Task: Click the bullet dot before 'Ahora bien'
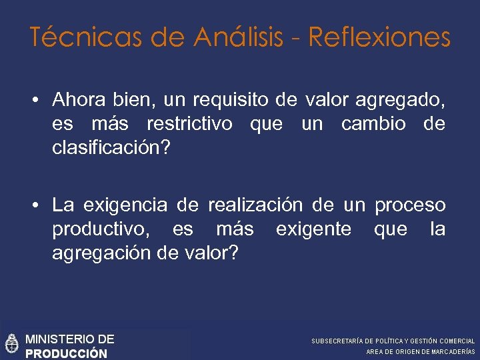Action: (34, 101)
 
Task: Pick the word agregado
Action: (400, 101)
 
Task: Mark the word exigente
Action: (313, 230)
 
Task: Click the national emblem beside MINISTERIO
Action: (11, 343)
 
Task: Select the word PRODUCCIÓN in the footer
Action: (66, 353)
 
